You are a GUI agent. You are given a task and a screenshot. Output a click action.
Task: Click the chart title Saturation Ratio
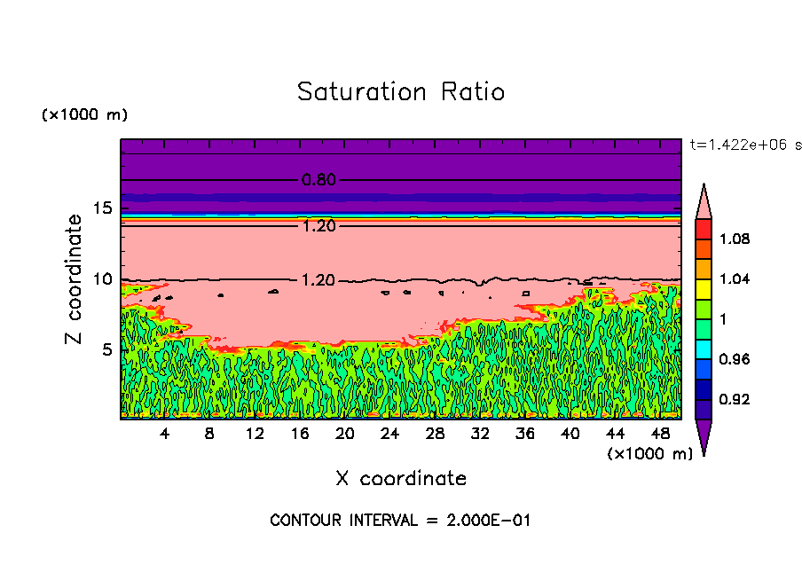[400, 92]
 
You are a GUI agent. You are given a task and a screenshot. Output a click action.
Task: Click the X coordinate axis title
[401, 479]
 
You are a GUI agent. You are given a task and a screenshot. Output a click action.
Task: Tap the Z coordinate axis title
[75, 279]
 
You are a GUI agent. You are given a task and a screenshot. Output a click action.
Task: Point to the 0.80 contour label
[318, 180]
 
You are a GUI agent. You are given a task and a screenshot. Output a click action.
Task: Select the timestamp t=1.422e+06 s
[744, 144]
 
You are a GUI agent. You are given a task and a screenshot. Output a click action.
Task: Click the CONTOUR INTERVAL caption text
[400, 521]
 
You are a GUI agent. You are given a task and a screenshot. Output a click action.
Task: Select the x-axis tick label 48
[659, 434]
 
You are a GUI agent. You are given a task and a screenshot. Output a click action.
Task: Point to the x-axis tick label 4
[165, 434]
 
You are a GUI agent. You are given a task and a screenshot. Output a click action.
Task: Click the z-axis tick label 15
[101, 208]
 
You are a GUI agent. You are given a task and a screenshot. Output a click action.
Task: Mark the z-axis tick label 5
[105, 349]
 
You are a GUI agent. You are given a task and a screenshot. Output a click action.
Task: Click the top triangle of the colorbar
[704, 201]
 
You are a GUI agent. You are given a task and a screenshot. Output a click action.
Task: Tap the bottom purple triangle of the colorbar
[704, 435]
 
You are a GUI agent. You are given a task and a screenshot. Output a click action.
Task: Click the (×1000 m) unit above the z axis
[84, 115]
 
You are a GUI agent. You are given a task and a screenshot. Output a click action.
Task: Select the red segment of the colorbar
[704, 228]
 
